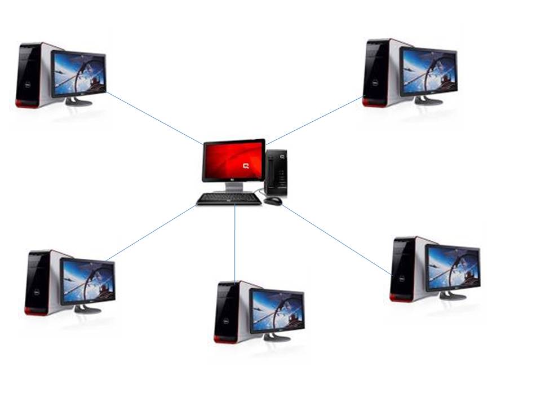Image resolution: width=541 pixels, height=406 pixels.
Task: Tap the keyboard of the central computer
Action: coord(228,199)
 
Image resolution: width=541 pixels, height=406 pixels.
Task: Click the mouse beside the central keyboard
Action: coord(273,201)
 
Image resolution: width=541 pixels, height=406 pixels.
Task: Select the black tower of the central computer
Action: coord(276,172)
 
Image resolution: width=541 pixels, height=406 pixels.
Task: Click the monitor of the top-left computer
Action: coord(78,74)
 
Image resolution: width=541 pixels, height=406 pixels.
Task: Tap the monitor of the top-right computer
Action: coord(428,72)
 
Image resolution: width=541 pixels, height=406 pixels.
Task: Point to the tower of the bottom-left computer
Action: coord(39,282)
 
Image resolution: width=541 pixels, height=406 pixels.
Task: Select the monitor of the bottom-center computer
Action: coord(277,311)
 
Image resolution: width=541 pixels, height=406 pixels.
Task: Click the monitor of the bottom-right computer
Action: coord(453,268)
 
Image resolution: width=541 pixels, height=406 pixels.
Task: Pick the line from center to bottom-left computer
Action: coord(151,233)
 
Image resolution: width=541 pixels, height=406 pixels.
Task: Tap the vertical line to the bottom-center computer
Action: coord(235,242)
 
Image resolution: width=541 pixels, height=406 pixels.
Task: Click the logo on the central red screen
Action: coord(246,166)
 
